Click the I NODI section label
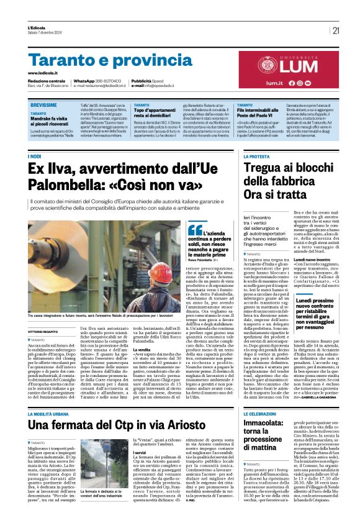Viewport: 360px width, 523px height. (x=35, y=157)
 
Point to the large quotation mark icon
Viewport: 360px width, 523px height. (x=194, y=230)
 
